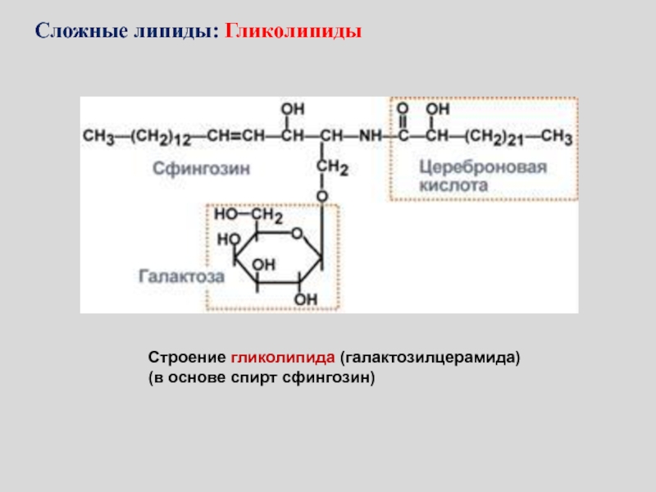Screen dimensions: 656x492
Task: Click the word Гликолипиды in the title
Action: coord(294,34)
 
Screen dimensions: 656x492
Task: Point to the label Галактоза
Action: coord(181,277)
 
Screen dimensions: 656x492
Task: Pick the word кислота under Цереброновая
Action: coord(453,186)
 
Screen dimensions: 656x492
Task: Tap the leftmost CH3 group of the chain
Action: coord(98,136)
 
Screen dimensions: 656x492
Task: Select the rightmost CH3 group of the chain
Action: coord(555,136)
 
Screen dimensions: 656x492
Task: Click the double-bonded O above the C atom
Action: coord(403,109)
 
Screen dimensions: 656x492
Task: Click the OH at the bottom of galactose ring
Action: coord(306,299)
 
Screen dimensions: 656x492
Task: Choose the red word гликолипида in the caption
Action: coord(283,359)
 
